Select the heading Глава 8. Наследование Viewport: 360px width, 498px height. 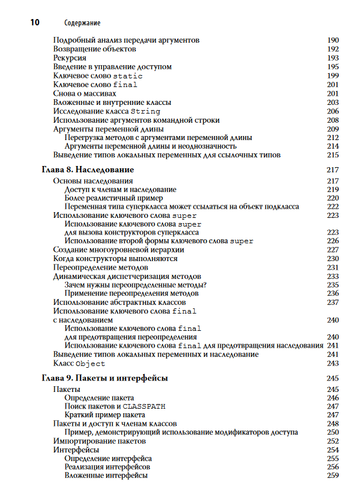[x=88, y=170]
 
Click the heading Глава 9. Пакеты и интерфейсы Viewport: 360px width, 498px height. [x=105, y=378]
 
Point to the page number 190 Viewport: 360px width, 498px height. [x=332, y=40]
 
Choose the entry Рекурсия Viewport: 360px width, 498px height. [x=70, y=58]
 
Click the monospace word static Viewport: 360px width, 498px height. [x=127, y=76]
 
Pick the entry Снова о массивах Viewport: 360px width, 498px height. [x=85, y=93]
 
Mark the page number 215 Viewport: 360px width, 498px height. [x=332, y=155]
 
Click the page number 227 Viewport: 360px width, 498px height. [x=332, y=250]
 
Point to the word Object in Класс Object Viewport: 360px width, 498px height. [x=90, y=364]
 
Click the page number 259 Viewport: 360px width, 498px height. [x=332, y=476]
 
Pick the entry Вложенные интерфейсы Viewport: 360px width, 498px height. [x=106, y=476]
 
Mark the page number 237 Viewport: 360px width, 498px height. [x=332, y=302]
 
